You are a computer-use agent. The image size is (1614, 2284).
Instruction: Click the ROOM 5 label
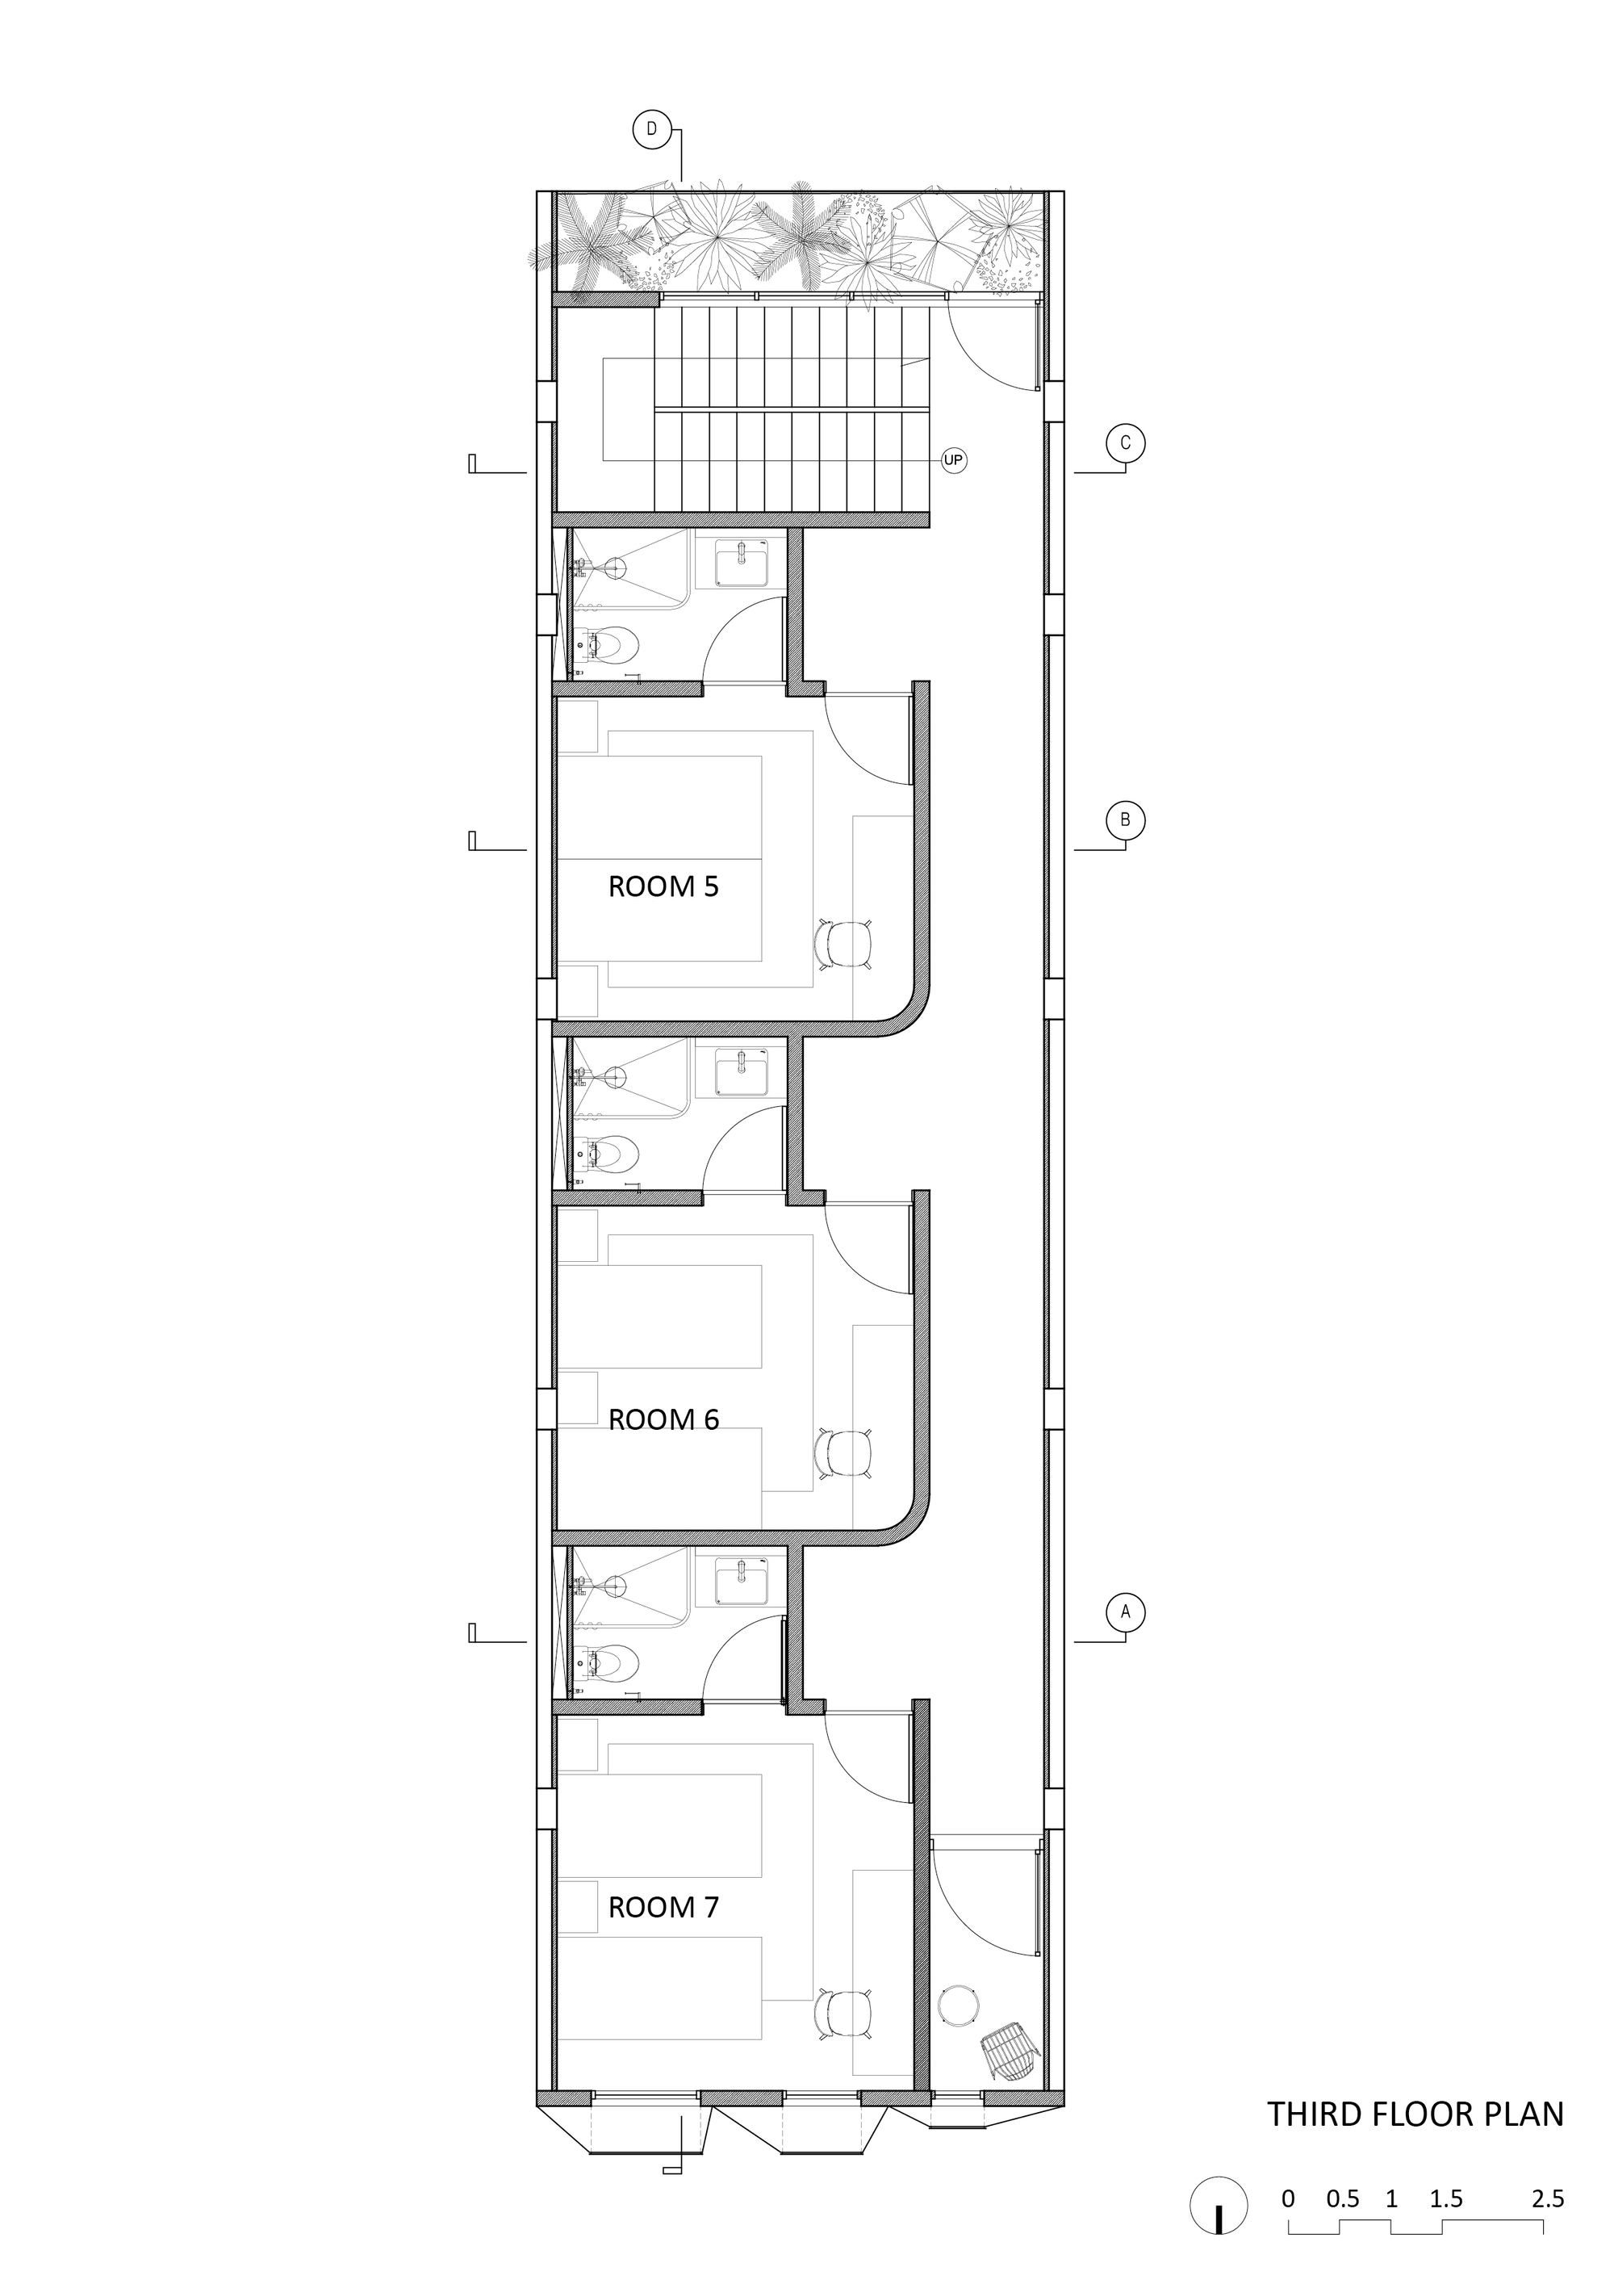point(663,886)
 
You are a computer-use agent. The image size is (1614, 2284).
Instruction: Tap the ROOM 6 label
point(663,1419)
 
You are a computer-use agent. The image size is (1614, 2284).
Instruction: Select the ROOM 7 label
point(663,1907)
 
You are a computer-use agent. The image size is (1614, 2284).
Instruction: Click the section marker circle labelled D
point(652,129)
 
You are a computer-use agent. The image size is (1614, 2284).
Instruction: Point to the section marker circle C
point(1126,444)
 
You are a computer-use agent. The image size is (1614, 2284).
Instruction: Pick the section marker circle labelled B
point(1126,821)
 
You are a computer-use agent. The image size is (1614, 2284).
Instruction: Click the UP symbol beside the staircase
point(954,460)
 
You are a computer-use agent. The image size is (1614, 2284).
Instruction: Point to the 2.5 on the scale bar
point(1547,2172)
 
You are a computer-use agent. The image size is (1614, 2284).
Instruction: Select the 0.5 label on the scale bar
point(1343,2172)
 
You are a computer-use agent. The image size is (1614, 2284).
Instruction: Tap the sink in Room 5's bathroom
point(741,566)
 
